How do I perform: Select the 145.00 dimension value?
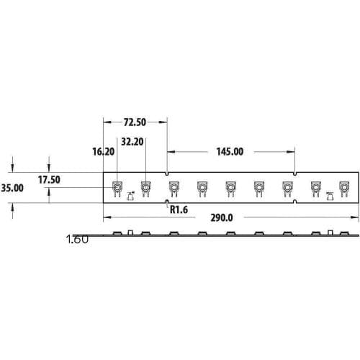(230, 151)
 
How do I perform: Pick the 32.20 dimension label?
(132, 141)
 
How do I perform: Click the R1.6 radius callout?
(179, 210)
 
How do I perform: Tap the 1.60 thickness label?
(77, 239)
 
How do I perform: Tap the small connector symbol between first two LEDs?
(130, 196)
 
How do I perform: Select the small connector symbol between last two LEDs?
(330, 196)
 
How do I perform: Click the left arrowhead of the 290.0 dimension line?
(107, 217)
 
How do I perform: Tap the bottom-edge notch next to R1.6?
(168, 202)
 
